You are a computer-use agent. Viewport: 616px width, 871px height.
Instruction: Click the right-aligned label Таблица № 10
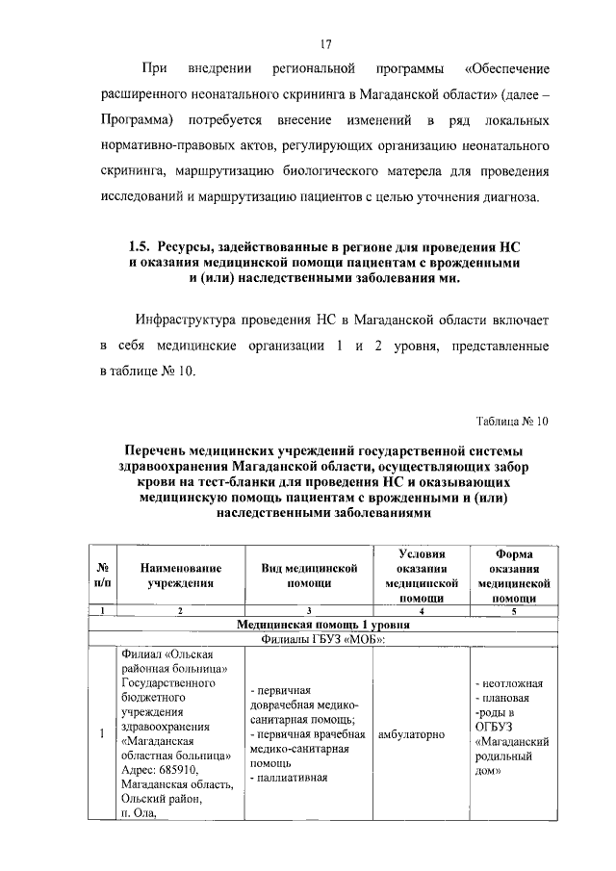(511, 421)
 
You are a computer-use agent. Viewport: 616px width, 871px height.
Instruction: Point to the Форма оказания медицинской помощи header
(513, 576)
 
